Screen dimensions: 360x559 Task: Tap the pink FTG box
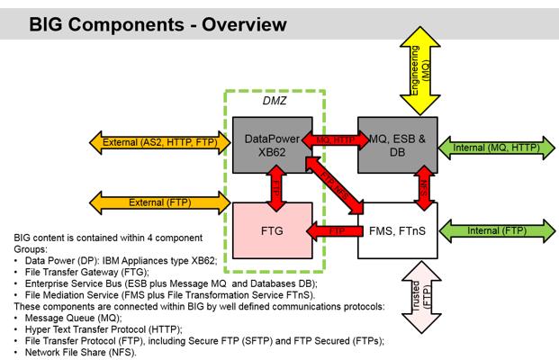click(x=270, y=230)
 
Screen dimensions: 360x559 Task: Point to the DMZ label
click(x=275, y=104)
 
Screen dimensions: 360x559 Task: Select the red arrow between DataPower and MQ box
click(x=333, y=142)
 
